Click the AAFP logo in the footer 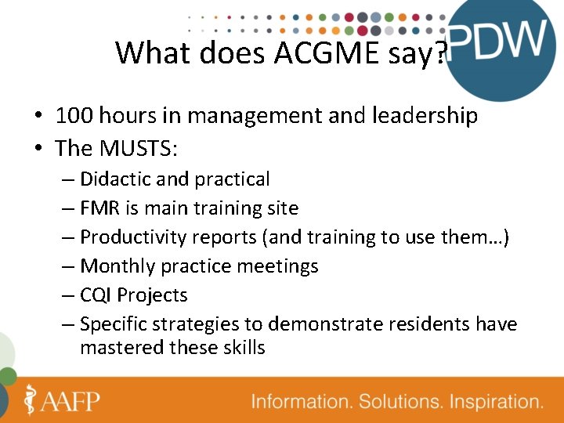[63, 400]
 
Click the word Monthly [117, 266]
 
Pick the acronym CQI [96, 295]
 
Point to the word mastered [121, 347]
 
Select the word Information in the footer [302, 402]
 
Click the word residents [424, 324]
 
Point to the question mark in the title [441, 53]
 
